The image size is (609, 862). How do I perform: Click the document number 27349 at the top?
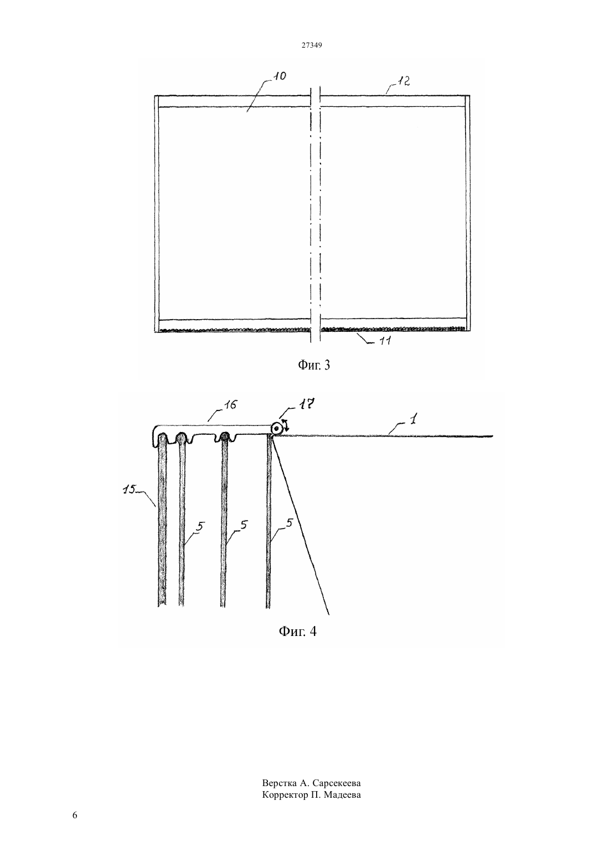coord(311,45)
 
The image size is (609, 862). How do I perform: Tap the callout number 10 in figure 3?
coord(280,76)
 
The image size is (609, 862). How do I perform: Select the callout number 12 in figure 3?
coord(402,81)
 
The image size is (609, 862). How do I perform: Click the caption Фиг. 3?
coord(314,365)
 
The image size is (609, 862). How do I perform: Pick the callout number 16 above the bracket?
coord(231,405)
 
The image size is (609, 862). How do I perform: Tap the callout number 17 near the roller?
coord(308,404)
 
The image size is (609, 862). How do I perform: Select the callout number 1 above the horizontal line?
coord(413,418)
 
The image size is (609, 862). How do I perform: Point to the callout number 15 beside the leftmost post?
coord(130,489)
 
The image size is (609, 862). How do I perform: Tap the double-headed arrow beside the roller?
coord(285,426)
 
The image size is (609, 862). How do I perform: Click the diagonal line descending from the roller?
coord(300,525)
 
